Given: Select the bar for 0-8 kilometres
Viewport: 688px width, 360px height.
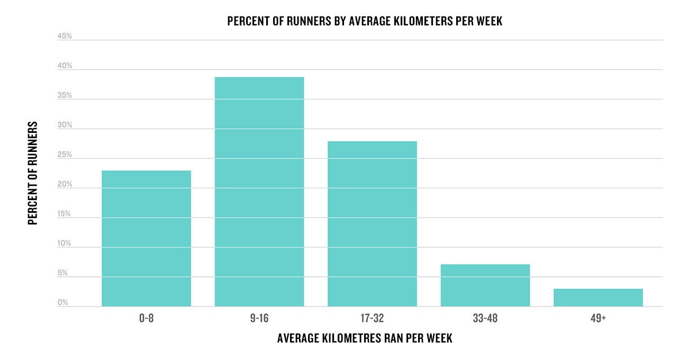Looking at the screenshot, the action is tap(146, 238).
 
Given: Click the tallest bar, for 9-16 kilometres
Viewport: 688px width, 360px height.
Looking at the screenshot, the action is tap(259, 192).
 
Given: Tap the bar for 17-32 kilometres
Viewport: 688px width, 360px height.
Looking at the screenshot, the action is tap(372, 224).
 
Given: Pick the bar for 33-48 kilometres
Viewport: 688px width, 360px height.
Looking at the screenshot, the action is tap(485, 285).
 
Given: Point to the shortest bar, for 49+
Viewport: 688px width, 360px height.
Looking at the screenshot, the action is tap(599, 298).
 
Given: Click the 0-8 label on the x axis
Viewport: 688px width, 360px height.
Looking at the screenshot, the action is tap(146, 318).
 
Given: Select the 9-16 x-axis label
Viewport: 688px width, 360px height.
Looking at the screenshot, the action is tap(259, 318).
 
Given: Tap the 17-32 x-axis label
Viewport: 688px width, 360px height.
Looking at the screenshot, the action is tap(372, 318).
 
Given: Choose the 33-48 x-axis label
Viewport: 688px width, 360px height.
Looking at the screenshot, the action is tap(485, 318).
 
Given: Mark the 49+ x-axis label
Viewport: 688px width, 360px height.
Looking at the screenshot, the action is tap(598, 318).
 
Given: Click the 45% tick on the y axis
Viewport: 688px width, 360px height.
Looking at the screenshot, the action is tap(65, 36).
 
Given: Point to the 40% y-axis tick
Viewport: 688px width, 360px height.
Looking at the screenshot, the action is tap(65, 66).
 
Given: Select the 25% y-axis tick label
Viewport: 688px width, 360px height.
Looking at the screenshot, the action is tap(65, 154).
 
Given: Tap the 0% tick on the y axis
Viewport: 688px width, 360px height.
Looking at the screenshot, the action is tap(62, 302).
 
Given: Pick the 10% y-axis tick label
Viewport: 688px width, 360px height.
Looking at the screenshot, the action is tap(64, 243).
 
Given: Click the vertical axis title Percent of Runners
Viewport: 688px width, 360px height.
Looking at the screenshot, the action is tap(33, 173).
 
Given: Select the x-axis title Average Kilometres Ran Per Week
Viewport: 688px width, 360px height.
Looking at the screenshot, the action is tap(365, 338).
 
